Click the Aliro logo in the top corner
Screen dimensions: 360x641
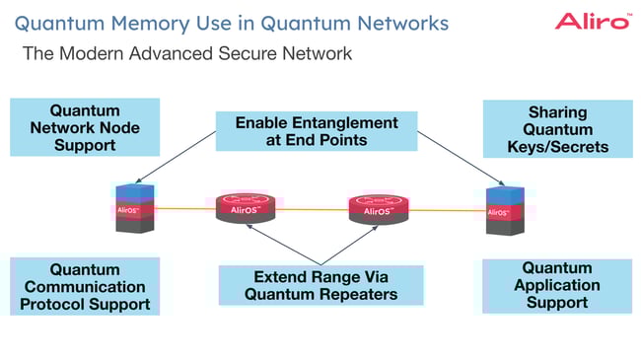click(x=592, y=21)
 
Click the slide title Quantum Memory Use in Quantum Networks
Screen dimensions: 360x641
click(x=231, y=22)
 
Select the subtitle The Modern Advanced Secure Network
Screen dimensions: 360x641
click(x=186, y=53)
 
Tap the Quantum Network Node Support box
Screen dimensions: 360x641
click(x=85, y=126)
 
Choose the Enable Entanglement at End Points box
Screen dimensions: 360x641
click(x=317, y=132)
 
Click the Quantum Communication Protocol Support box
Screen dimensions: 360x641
click(x=85, y=286)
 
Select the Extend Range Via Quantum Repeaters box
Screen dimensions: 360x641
click(x=319, y=284)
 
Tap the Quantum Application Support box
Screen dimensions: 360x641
click(x=557, y=286)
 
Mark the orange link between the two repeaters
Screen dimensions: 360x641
click(x=312, y=209)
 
